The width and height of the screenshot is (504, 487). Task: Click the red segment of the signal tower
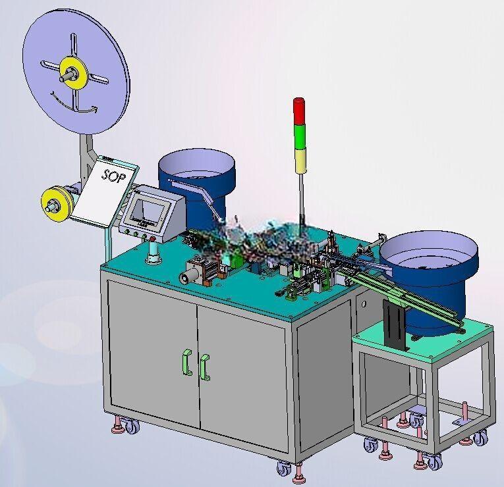pos(298,111)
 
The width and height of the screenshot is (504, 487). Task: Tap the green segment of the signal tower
pos(300,137)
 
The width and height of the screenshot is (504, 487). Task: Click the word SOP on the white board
pos(113,175)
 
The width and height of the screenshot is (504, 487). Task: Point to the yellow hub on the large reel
pos(74,73)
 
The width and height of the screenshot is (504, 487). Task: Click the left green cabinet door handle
pos(186,362)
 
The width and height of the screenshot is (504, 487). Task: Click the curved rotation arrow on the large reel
pos(73,105)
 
